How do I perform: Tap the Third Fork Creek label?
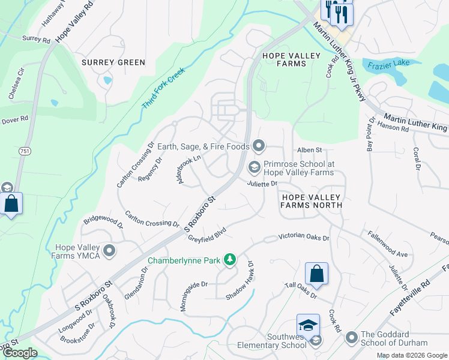163,88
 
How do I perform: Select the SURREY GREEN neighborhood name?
113,62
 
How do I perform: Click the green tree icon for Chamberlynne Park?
229,260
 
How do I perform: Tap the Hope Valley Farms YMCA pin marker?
109,250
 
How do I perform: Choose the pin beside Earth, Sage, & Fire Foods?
259,146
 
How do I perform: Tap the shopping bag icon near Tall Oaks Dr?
316,274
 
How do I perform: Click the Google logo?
20,353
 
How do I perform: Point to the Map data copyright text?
411,355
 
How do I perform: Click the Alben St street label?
310,150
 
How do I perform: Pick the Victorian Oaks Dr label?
304,238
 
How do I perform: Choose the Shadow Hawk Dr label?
240,281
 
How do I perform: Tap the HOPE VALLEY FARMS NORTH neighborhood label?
311,201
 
